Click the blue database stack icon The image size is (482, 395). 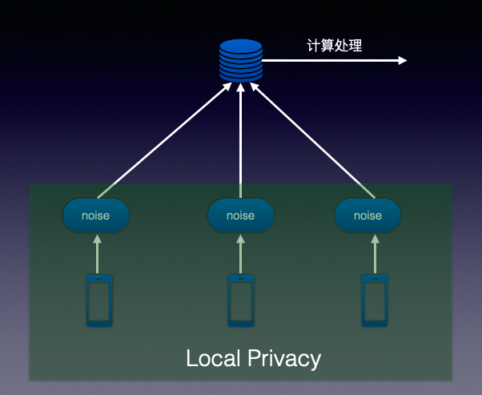tap(241, 60)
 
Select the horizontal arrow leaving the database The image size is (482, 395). tap(336, 61)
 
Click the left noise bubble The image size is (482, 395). tap(96, 216)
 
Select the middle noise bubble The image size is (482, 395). tap(241, 216)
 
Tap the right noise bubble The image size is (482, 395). tap(368, 216)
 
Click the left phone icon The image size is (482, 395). tap(98, 300)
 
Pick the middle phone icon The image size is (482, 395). tap(241, 300)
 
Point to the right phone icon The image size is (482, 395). tap(374, 300)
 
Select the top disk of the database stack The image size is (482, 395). tap(241, 45)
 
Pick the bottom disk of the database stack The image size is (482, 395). tap(241, 77)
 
